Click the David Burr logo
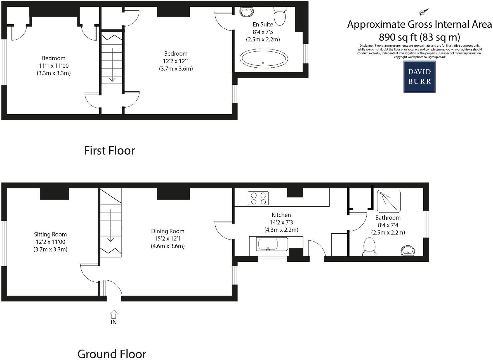(419, 77)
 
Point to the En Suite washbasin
(247, 11)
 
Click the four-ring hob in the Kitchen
(258, 198)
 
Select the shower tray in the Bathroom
(389, 201)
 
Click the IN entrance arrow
(114, 314)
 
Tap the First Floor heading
(110, 151)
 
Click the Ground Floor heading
(112, 354)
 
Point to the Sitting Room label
(50, 235)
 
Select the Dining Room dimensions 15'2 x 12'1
(168, 239)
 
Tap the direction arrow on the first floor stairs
(112, 65)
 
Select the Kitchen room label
(281, 215)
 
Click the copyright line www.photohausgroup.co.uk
(419, 57)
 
